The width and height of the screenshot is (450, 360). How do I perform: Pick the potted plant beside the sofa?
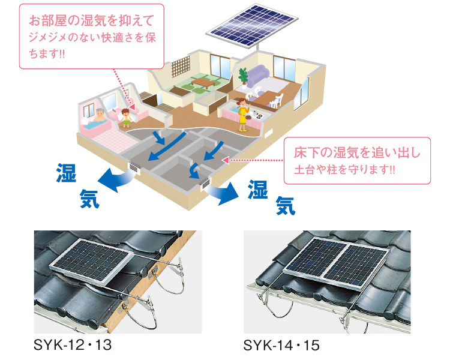coord(243,77)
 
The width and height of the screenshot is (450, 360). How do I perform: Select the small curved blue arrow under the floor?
coord(194,173)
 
